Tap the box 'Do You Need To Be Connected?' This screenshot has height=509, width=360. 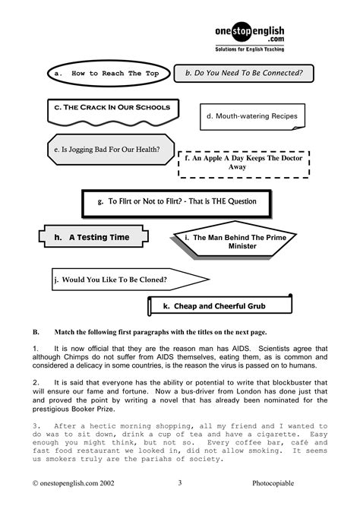(244, 74)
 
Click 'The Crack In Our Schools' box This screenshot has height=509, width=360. (112, 109)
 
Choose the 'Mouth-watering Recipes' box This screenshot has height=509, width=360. (251, 117)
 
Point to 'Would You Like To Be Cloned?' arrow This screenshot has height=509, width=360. (114, 279)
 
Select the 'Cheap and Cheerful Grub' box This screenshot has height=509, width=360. (219, 306)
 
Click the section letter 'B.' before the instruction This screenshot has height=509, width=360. (36, 333)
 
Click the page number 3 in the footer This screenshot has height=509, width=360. (180, 482)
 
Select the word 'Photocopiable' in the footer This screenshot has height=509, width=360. (276, 482)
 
